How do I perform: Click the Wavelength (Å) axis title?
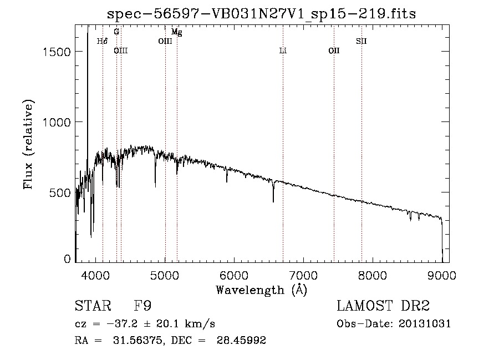(x=261, y=290)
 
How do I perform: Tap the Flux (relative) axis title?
(x=28, y=145)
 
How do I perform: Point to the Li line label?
(x=283, y=51)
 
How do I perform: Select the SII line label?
(x=361, y=41)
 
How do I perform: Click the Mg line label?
(x=177, y=32)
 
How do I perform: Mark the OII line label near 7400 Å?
(x=334, y=51)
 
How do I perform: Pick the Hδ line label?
(x=102, y=41)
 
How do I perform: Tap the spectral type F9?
(x=143, y=306)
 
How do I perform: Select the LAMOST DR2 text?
(x=383, y=306)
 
